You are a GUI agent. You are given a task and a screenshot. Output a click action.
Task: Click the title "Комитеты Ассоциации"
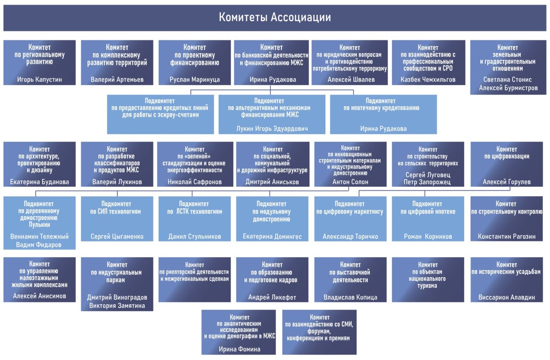pos(275,18)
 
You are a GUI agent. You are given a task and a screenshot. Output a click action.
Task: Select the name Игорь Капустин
pos(39,79)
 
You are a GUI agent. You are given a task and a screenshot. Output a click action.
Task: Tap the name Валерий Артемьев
pos(117,79)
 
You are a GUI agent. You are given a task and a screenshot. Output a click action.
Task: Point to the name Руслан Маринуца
pos(195,79)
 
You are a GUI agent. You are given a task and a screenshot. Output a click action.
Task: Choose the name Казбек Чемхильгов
pos(428,79)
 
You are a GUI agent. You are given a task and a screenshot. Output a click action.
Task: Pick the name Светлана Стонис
pos(508,79)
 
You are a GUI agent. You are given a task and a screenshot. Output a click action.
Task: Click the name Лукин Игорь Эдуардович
pos(272,129)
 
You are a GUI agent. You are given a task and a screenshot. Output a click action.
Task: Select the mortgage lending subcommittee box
pos(383,114)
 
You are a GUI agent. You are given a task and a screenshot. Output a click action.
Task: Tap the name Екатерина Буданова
pos(39,182)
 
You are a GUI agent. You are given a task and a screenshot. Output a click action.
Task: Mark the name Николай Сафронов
pos(195,182)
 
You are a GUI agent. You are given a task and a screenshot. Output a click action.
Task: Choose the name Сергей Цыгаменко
pos(117,236)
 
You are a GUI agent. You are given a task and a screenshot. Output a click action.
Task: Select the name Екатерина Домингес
pos(272,236)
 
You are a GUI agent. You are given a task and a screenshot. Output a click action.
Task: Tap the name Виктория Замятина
pos(117,305)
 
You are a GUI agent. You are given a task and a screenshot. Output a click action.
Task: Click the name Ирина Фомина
pos(239,349)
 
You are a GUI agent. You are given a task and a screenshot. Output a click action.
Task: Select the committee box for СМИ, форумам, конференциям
pos(319,332)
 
